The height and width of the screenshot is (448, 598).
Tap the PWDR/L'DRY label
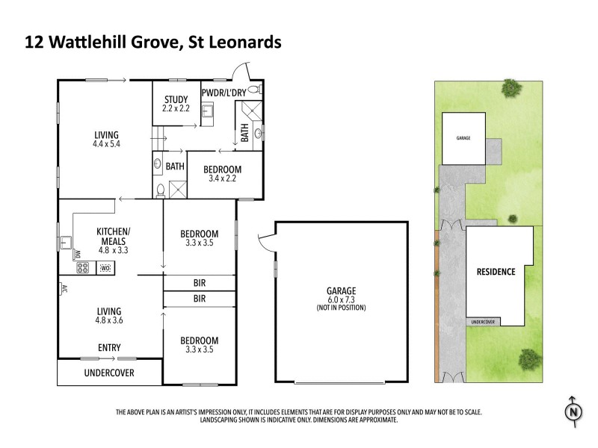[223, 92]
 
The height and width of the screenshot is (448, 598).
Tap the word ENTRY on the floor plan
[110, 348]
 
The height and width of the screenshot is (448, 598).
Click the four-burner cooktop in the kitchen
[82, 268]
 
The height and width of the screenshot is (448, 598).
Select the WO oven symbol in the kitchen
[105, 268]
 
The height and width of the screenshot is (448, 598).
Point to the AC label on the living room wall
[64, 288]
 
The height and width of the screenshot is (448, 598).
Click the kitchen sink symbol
[66, 243]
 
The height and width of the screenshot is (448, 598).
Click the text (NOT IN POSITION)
[341, 308]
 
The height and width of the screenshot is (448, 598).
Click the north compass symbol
[573, 410]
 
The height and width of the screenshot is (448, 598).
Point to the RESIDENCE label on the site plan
[496, 272]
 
